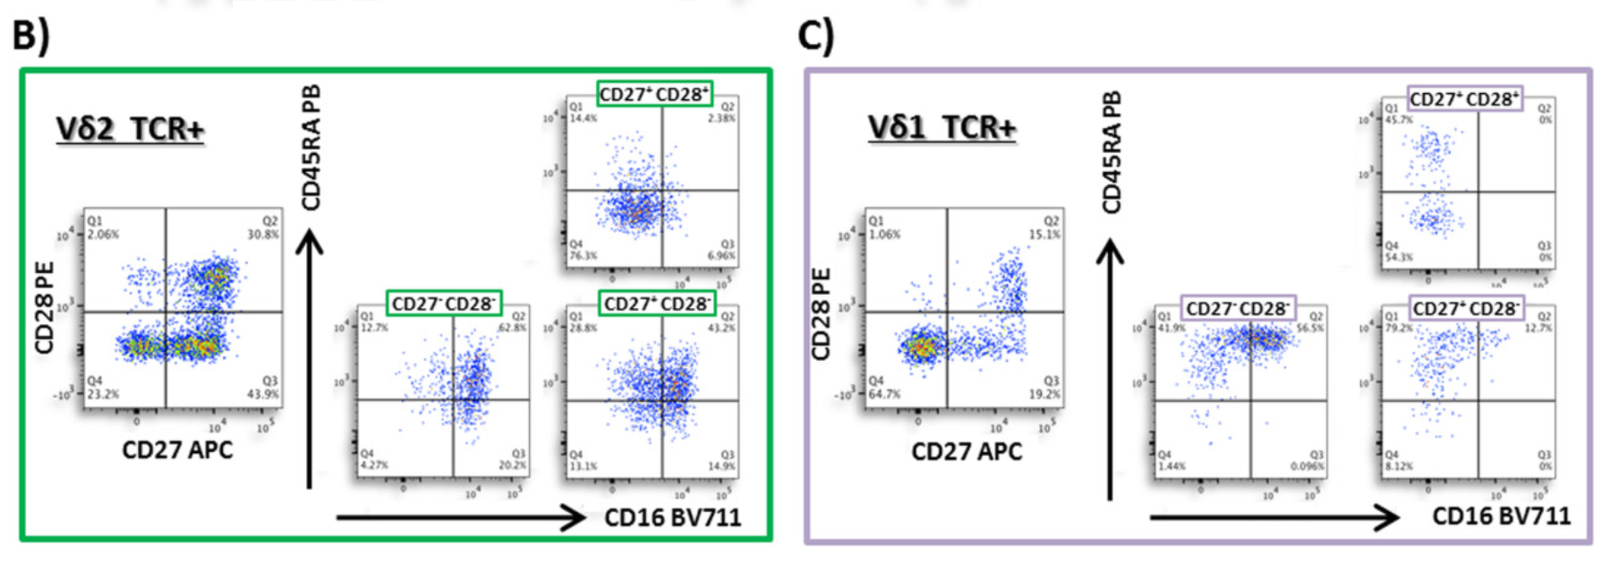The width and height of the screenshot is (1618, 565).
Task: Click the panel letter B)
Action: (31, 36)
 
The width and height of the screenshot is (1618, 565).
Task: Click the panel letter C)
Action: (816, 36)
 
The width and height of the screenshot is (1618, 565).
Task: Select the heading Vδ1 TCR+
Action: (941, 128)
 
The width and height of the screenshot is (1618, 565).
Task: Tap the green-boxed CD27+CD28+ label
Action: (654, 94)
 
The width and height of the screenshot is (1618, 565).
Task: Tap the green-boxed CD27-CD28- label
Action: (444, 304)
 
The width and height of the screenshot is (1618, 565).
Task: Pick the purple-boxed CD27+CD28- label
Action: (1466, 309)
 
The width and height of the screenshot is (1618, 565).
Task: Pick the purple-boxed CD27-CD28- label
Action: (1238, 309)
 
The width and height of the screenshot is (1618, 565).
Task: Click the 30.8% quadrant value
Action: (263, 235)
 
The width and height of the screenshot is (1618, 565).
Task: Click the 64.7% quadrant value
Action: (884, 394)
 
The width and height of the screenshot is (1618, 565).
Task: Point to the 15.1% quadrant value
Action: (1045, 235)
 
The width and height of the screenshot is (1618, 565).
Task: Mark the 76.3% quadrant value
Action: (583, 256)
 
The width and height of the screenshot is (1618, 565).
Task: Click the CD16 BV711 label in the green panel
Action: (672, 518)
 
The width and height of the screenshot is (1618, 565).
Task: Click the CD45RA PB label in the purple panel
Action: (1111, 152)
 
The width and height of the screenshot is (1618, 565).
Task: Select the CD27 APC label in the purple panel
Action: (967, 451)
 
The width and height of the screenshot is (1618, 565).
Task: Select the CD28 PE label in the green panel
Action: (45, 307)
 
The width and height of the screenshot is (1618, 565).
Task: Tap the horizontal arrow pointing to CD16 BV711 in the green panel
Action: (461, 518)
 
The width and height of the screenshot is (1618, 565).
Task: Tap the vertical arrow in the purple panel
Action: (1111, 367)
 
